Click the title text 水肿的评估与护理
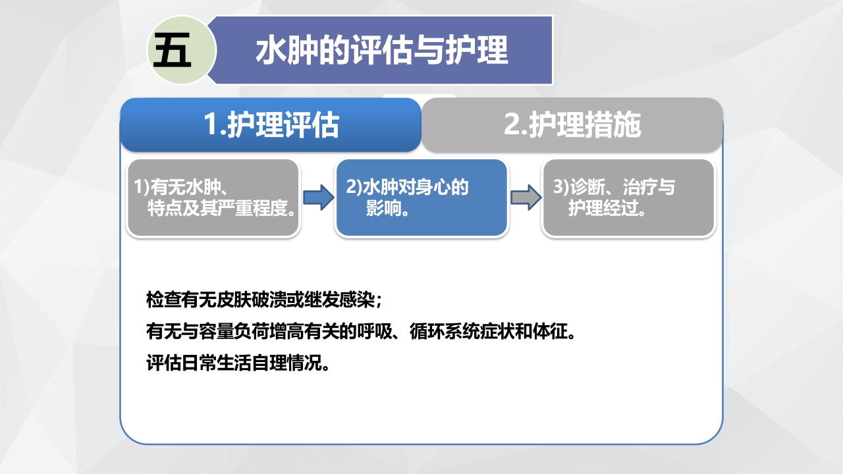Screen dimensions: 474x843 (x=381, y=51)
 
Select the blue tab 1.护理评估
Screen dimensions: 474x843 (x=270, y=124)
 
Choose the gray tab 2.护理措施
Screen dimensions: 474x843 (x=572, y=124)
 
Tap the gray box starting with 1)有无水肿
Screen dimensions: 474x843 (x=213, y=197)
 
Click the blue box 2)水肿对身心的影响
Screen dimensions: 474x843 (x=421, y=197)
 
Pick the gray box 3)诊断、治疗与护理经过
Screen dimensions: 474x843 (x=628, y=197)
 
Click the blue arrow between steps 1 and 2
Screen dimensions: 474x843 (x=318, y=197)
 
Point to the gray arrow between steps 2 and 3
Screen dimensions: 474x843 (x=524, y=197)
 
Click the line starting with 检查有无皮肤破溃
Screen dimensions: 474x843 (x=263, y=300)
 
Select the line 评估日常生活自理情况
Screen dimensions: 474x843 (x=238, y=363)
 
